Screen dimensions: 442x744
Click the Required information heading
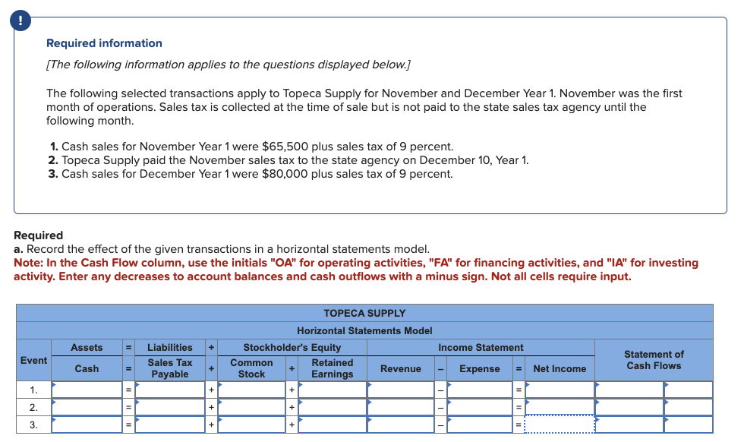(x=104, y=43)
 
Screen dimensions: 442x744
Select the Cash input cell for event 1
(x=87, y=390)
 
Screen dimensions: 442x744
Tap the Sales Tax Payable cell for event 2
(x=169, y=408)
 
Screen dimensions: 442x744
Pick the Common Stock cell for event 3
(x=251, y=425)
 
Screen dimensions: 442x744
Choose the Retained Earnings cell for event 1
(x=333, y=390)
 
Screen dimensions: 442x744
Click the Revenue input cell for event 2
(x=401, y=408)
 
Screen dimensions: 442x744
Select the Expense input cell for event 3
(x=479, y=425)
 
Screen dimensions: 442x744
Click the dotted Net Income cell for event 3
(x=560, y=425)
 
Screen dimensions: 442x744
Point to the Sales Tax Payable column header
(x=169, y=368)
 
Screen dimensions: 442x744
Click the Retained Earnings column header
(x=333, y=368)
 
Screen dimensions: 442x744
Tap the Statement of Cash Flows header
(x=653, y=360)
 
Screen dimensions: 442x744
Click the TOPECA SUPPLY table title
(x=364, y=313)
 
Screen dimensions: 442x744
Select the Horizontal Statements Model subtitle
(x=364, y=330)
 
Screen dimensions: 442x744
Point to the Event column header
(x=33, y=360)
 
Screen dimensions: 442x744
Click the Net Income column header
(x=560, y=369)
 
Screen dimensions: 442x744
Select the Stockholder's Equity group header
(x=292, y=347)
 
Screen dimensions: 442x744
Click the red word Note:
(x=29, y=263)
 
